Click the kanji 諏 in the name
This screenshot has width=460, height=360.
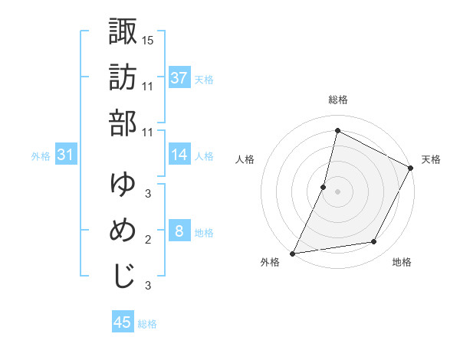pyautogui.click(x=123, y=32)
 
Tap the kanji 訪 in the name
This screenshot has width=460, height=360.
pyautogui.click(x=123, y=77)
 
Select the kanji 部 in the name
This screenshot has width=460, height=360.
pyautogui.click(x=123, y=123)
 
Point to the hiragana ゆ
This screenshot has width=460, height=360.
pyautogui.click(x=123, y=184)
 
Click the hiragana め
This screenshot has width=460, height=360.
pyautogui.click(x=123, y=230)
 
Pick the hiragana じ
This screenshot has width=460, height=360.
pyautogui.click(x=123, y=276)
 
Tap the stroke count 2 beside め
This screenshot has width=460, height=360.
pyautogui.click(x=148, y=240)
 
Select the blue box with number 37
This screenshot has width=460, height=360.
pyautogui.click(x=179, y=78)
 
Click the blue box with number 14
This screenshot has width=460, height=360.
pyautogui.click(x=179, y=155)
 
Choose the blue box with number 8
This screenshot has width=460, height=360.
pyautogui.click(x=179, y=232)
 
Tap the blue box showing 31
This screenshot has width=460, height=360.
pyautogui.click(x=66, y=155)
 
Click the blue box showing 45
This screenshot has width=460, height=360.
pyautogui.click(x=123, y=322)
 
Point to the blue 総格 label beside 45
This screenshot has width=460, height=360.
pyautogui.click(x=147, y=324)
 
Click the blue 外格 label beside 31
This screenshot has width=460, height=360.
pyautogui.click(x=41, y=156)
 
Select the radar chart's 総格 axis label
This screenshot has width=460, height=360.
pyautogui.click(x=337, y=100)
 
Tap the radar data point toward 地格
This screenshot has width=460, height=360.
pyautogui.click(x=374, y=242)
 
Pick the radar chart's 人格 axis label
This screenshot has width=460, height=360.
pyautogui.click(x=245, y=160)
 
